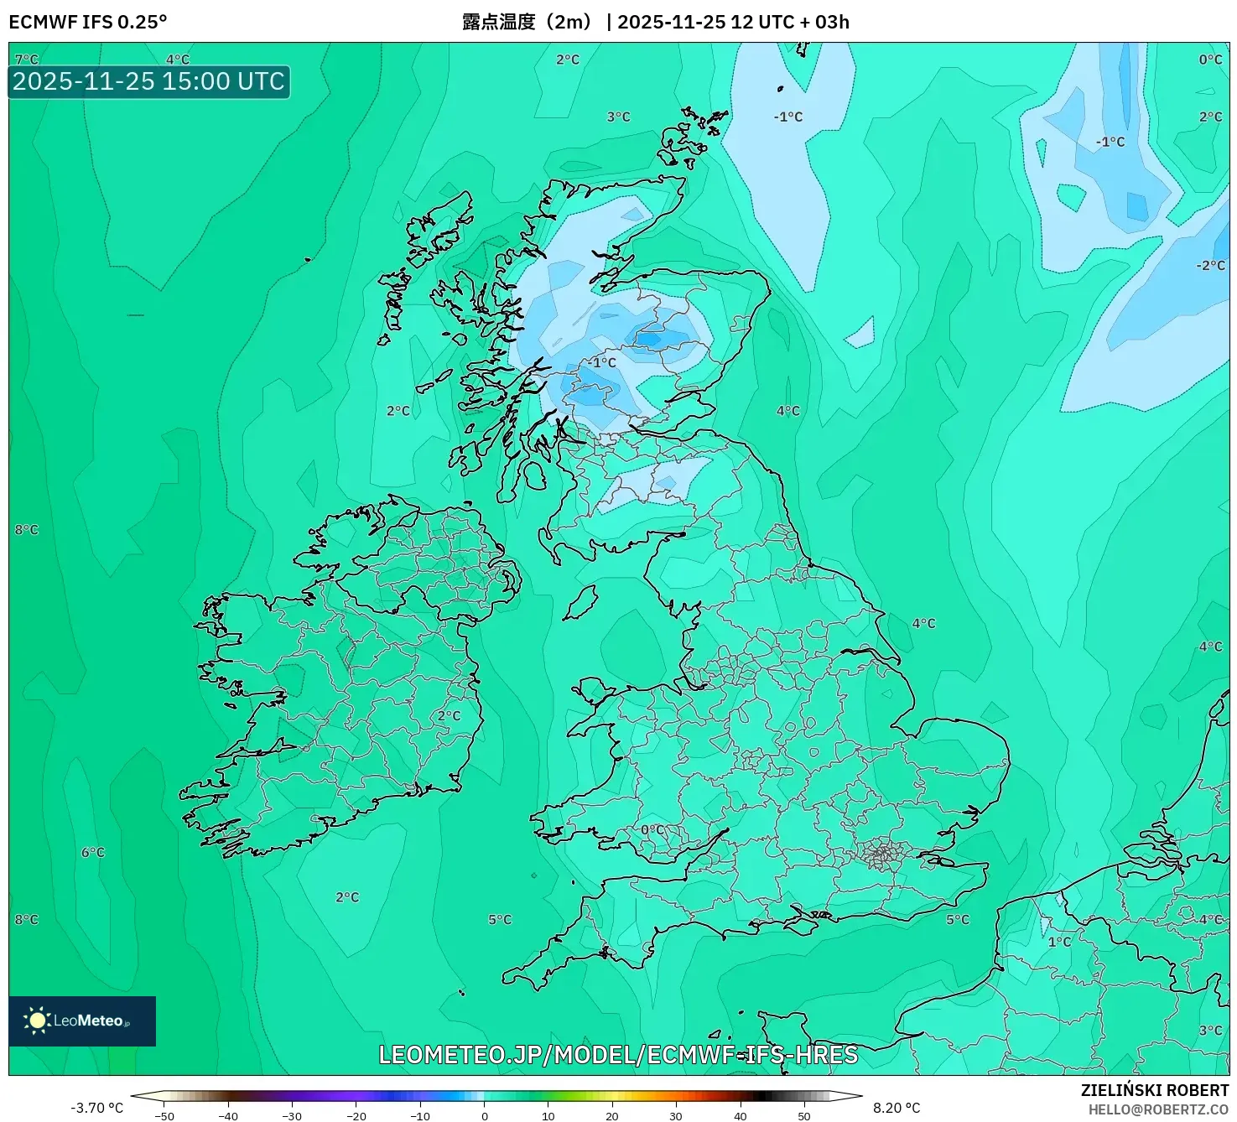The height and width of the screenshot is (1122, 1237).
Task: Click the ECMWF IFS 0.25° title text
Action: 88,22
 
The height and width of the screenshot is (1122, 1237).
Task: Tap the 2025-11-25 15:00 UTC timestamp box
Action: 149,82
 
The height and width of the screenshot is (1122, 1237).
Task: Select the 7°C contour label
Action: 27,60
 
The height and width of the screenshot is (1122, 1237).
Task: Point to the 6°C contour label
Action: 93,853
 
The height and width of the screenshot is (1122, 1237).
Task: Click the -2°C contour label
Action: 1210,266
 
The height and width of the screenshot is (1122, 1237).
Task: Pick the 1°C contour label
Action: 1059,942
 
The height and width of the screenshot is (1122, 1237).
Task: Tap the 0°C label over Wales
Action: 652,830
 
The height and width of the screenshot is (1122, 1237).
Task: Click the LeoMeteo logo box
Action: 82,1021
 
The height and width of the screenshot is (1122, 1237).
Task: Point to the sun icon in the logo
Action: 37,1021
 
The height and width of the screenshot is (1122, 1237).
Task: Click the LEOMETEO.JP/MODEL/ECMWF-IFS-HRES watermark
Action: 618,1055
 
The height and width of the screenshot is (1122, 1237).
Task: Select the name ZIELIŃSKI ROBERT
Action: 1155,1090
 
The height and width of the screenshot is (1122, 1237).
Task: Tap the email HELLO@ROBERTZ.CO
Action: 1158,1109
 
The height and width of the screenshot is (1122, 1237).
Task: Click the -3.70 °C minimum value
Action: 96,1108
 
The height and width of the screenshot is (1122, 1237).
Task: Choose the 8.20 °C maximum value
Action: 897,1108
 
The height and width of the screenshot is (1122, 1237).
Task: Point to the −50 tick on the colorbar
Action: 164,1116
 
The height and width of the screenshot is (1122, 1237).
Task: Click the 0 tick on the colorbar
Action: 485,1116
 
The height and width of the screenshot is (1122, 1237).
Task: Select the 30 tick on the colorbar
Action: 676,1116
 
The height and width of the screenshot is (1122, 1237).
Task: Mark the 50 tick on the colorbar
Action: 804,1116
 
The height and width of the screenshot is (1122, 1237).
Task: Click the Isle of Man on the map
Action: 580,602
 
